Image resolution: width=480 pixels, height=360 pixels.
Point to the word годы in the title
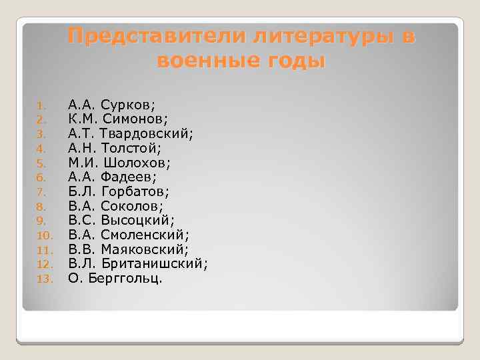[x=295, y=61]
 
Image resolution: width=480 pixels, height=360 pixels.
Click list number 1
[x=41, y=105]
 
